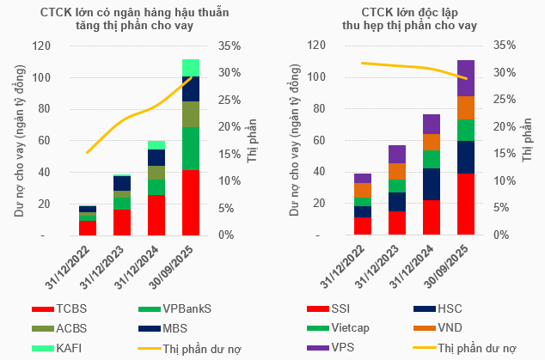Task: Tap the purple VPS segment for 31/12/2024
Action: (x=431, y=124)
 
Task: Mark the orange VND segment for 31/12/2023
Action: (x=396, y=171)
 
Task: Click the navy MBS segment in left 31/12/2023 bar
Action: (x=121, y=183)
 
